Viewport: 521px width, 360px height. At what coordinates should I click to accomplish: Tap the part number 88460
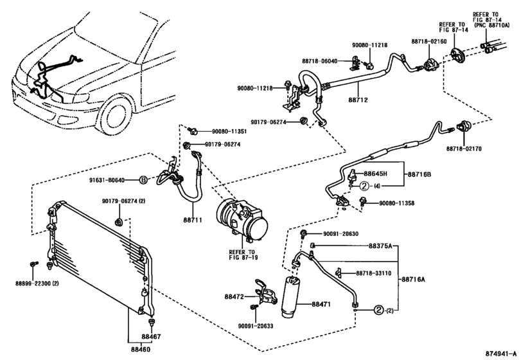pyautogui.click(x=141, y=350)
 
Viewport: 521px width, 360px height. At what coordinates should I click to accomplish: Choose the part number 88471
pyautogui.click(x=324, y=304)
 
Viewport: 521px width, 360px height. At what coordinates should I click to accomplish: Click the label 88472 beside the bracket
pyautogui.click(x=236, y=296)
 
